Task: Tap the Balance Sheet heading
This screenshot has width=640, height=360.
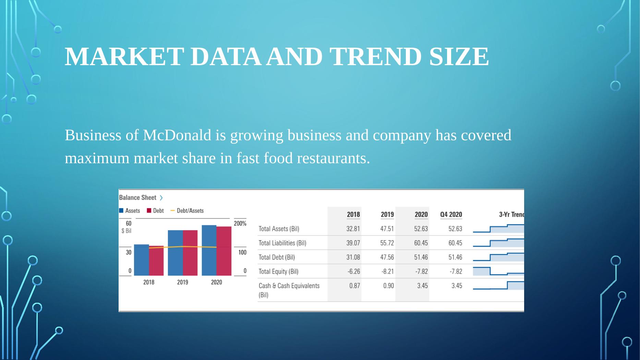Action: (137, 197)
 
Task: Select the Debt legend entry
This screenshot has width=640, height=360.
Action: (155, 211)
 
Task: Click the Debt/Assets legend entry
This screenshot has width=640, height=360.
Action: (187, 211)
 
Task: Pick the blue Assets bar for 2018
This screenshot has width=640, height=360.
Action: (141, 260)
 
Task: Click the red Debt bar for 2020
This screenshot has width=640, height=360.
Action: (224, 251)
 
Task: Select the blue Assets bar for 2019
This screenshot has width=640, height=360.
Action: (175, 253)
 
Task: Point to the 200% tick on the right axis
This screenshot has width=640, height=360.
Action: (240, 224)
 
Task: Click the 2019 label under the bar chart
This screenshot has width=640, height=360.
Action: (182, 282)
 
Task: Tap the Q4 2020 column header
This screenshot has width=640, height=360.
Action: (451, 215)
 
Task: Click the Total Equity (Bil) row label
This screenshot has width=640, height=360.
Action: (278, 272)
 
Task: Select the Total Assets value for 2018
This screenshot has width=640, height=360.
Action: (353, 229)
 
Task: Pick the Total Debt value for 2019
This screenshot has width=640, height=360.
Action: (387, 257)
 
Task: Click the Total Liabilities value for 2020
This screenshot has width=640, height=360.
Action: (421, 243)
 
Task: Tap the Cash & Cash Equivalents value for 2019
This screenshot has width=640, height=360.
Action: (389, 286)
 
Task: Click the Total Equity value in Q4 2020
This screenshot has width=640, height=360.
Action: (456, 272)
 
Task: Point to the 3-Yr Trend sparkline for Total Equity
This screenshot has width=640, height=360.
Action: (498, 271)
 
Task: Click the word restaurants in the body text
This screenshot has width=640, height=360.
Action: (334, 158)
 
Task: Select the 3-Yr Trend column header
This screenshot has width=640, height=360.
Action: (511, 215)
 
